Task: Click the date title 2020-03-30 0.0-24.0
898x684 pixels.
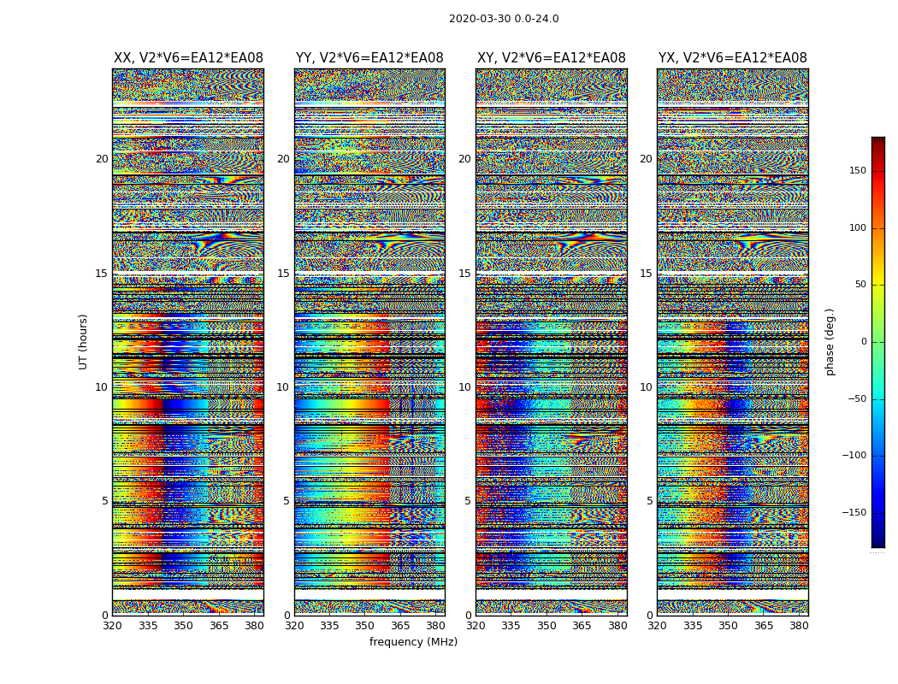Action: coord(504,19)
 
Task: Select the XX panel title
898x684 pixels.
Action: coord(188,58)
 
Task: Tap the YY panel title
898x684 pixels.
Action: coord(369,58)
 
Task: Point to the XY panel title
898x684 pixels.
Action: coord(551,58)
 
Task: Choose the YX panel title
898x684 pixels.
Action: coord(732,58)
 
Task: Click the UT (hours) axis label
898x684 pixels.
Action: coord(83,341)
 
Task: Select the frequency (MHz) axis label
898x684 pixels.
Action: coord(413,642)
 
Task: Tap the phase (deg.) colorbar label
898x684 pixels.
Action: coord(830,341)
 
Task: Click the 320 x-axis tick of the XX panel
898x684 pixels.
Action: coord(113,626)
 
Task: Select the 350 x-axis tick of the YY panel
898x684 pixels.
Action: coord(365,626)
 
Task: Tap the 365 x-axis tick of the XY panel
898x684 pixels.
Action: coord(582,626)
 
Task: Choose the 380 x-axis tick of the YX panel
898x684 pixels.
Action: coord(799,626)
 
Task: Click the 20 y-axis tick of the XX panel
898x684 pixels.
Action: coord(102,159)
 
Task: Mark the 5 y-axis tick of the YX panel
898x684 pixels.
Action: coord(649,501)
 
